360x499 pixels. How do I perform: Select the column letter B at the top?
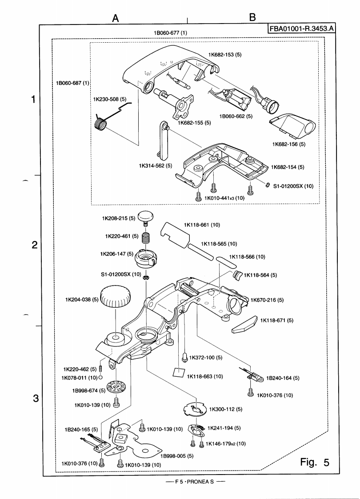252,17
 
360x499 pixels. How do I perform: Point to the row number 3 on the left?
35,398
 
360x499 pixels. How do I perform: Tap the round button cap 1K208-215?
145,217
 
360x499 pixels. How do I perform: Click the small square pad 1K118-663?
179,373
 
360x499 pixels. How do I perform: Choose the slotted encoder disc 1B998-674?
116,387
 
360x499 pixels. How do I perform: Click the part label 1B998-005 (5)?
177,456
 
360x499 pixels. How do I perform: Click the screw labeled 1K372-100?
184,356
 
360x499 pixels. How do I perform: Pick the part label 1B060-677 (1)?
170,33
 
